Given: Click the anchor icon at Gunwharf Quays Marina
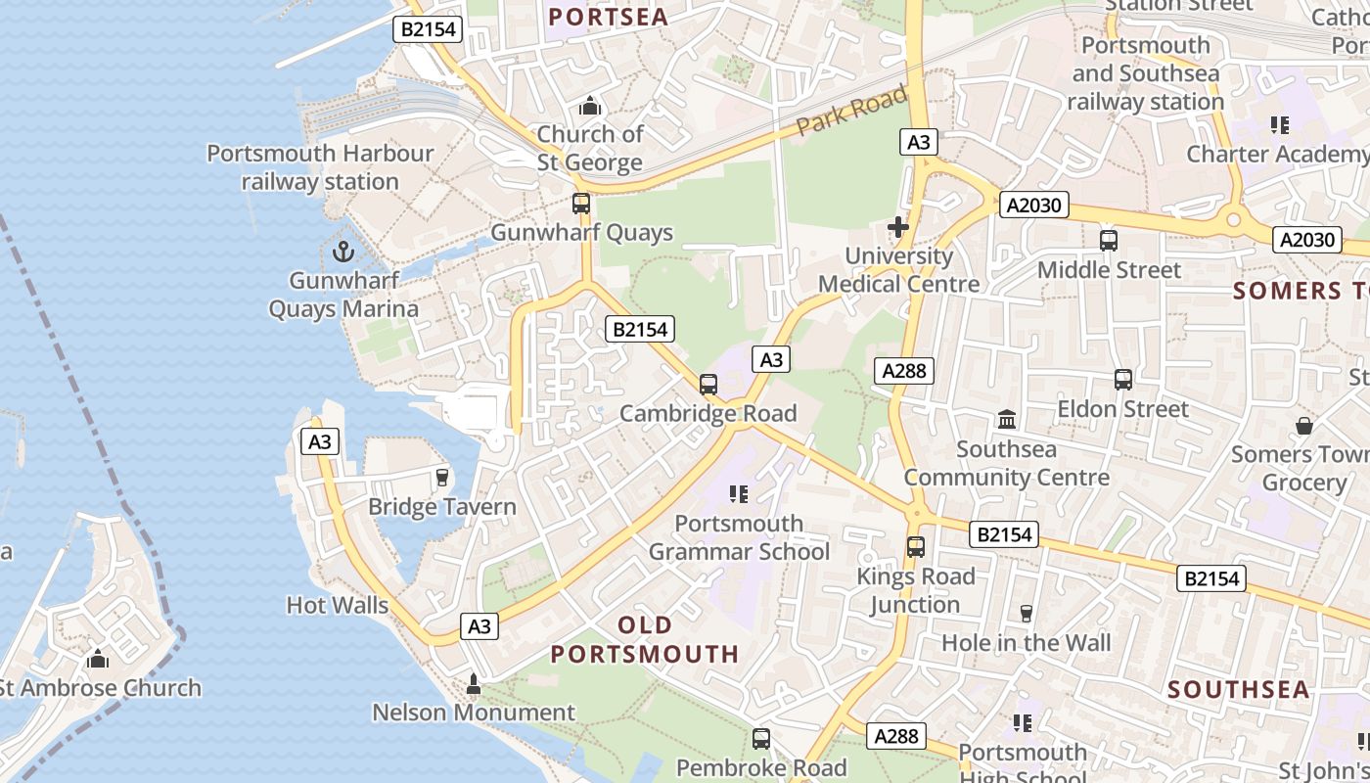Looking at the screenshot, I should point(342,252).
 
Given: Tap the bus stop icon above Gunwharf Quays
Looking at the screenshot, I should point(581,204).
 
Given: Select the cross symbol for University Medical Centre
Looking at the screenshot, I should point(897,228).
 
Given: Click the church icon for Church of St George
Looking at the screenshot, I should point(590,105).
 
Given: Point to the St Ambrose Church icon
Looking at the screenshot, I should point(97,659).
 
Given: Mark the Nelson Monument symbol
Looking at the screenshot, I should point(474,683).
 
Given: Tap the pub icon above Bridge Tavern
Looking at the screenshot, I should point(442,478).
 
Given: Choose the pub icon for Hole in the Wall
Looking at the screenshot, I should point(1026,614).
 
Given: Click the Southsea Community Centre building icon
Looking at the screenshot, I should point(1006,420).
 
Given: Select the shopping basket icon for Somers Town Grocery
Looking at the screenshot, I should point(1303,426).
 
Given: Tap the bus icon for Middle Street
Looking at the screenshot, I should point(1109,240).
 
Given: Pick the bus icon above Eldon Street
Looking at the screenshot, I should point(1122,379).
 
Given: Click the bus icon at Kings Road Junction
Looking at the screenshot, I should point(915,547).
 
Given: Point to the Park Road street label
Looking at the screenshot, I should point(851,112).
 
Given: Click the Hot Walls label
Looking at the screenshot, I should point(338,605).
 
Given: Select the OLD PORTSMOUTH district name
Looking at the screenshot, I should point(645,639).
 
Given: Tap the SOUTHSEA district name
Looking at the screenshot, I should point(1238,689).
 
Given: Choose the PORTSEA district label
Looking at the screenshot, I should point(608,17).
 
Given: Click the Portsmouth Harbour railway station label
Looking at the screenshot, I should point(320,167).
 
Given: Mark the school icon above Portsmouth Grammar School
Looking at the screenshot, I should point(739,494).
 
